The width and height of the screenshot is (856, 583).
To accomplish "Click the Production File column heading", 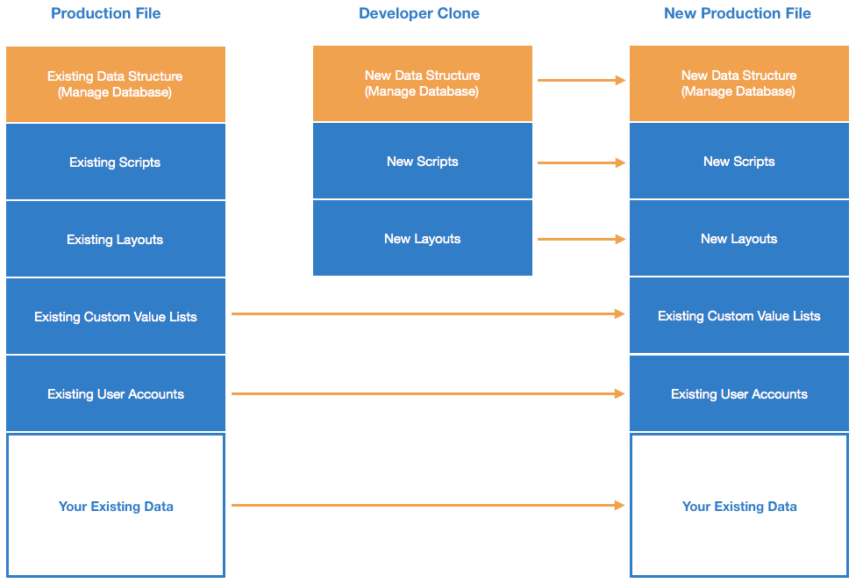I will [x=105, y=13].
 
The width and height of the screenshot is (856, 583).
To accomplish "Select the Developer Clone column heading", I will [x=419, y=13].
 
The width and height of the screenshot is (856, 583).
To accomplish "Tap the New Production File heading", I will [x=737, y=13].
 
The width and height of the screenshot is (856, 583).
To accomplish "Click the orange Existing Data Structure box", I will [x=115, y=84].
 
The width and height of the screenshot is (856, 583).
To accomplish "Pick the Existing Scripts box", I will [x=115, y=162].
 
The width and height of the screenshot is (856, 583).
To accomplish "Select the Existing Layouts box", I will [x=115, y=239].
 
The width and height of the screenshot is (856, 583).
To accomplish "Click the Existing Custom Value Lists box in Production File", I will [x=115, y=316].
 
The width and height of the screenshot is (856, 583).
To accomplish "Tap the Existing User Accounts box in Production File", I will [x=115, y=393].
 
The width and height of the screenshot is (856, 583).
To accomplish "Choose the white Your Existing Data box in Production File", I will [x=115, y=506].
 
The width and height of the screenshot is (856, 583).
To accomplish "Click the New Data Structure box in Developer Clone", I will [x=422, y=83].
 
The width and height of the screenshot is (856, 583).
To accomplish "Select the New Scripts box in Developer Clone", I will [x=422, y=161].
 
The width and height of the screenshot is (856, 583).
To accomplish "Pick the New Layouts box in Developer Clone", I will [x=422, y=238].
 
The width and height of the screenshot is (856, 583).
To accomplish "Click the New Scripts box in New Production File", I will [x=738, y=161].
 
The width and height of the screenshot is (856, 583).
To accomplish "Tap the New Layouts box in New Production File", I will [x=738, y=238].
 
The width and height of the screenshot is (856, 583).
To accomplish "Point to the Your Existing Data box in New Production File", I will [x=738, y=506].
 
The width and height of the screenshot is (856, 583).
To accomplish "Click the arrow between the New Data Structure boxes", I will [x=581, y=80].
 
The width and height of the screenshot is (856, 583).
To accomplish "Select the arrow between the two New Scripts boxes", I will [x=581, y=162].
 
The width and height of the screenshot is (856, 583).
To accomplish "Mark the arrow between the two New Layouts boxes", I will [x=581, y=239].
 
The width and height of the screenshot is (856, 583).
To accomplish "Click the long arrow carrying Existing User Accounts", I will [x=427, y=394].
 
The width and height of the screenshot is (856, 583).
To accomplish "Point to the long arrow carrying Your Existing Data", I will [x=427, y=505].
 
